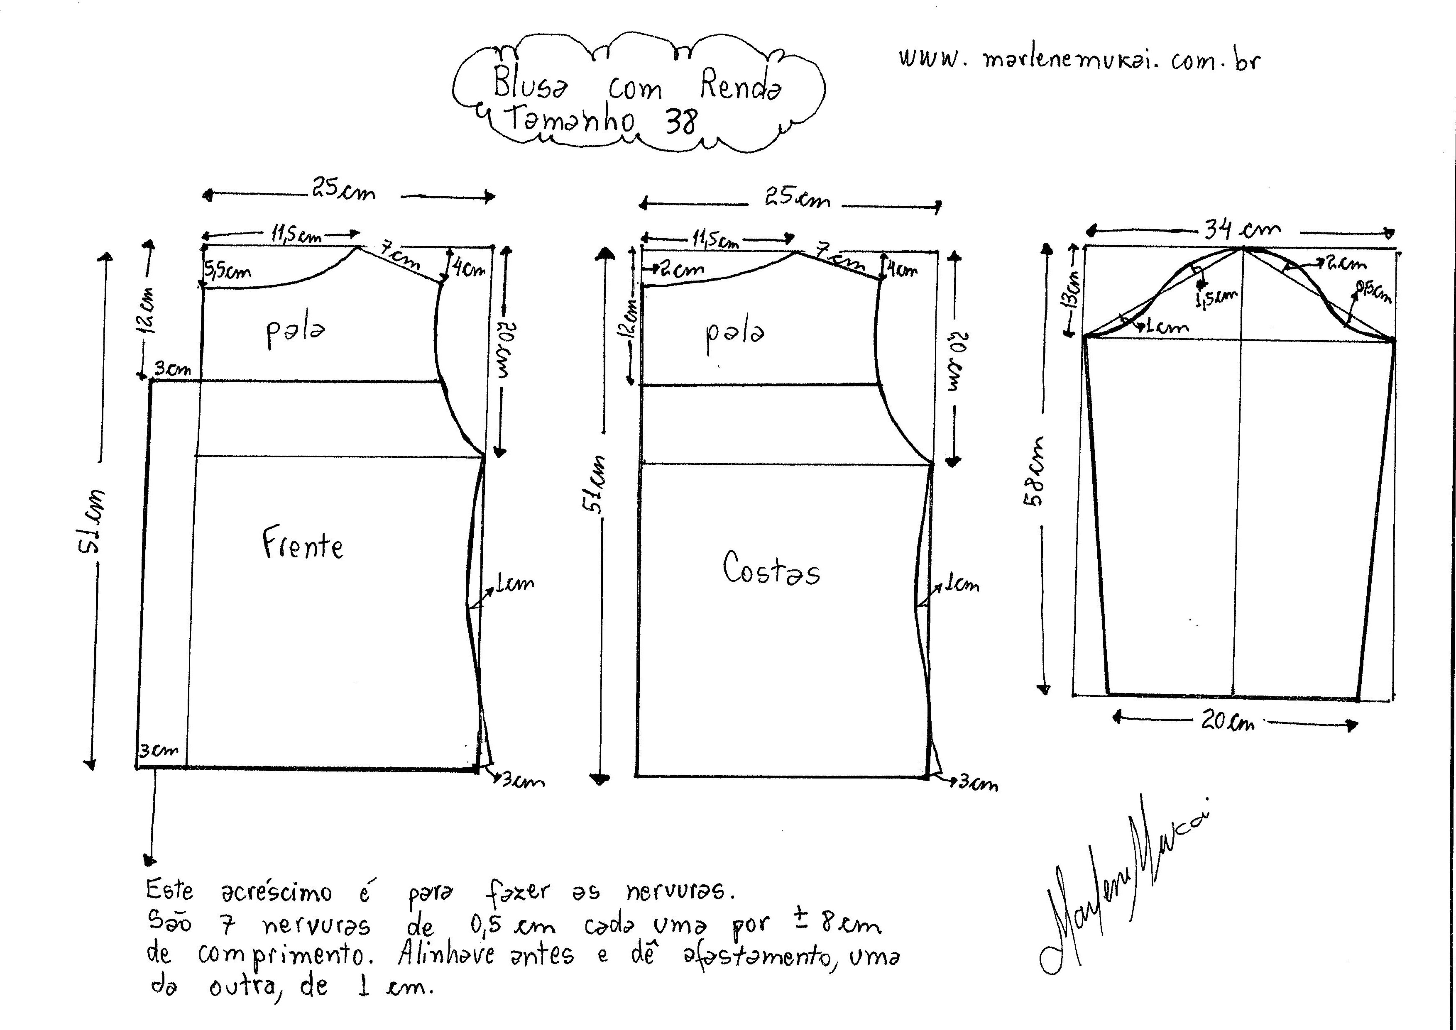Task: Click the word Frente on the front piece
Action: [x=303, y=545]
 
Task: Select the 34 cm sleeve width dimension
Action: [x=1242, y=229]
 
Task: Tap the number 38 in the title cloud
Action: [x=681, y=120]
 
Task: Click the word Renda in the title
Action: [x=741, y=85]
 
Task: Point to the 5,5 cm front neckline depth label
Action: [x=227, y=271]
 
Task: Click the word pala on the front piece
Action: [x=295, y=331]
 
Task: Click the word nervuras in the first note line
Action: [x=679, y=891]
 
